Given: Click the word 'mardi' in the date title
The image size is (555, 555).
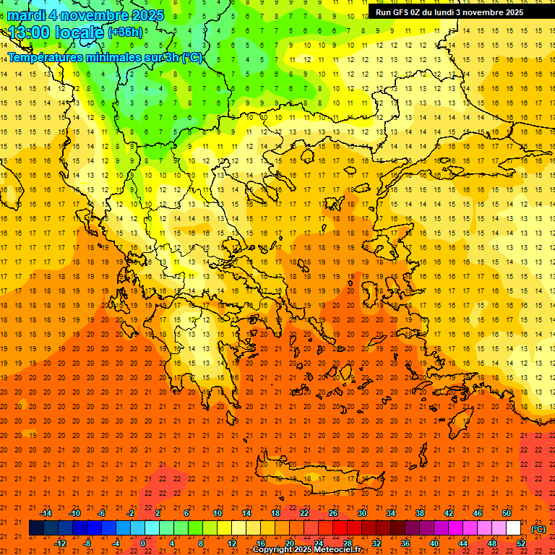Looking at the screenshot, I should (30, 15).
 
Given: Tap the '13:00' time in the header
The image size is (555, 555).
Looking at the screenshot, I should (29, 33).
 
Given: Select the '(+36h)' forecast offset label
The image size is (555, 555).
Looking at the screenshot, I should (125, 33).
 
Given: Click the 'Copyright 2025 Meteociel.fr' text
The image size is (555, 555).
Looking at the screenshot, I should (306, 550).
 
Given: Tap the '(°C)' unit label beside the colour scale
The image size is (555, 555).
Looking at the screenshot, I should (538, 529).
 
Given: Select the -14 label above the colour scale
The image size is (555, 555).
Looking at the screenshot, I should (45, 513).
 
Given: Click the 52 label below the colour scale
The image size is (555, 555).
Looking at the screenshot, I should (521, 543).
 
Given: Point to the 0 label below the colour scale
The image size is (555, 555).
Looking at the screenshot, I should (142, 543).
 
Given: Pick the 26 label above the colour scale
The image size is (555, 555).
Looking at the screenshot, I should (333, 513).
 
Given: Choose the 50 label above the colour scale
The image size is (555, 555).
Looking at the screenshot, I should (507, 513).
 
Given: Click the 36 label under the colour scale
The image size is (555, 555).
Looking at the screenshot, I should (405, 543).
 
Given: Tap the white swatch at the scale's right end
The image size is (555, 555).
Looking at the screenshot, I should (514, 528).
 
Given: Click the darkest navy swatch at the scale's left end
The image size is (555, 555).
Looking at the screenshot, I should (36, 528).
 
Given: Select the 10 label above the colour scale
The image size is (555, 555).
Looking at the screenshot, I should (218, 513).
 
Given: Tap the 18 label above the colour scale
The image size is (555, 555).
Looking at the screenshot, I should (275, 513).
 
